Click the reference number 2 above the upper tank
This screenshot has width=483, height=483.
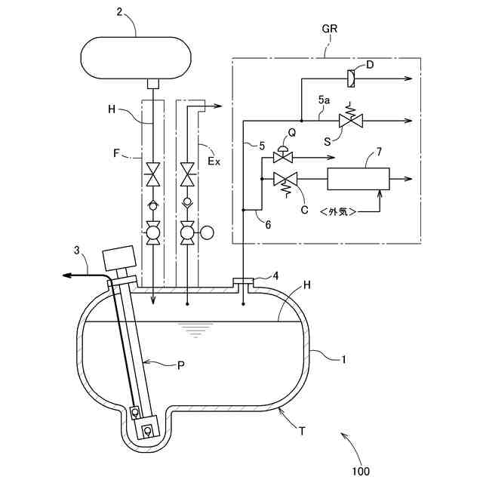coord(119,12)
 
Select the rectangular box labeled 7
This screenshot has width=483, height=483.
coord(358,179)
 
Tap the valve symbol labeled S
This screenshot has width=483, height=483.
coord(351,120)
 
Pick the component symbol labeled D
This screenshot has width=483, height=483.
coord(352,78)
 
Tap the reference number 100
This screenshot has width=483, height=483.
coord(360,471)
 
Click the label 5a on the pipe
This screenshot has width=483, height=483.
coord(324,100)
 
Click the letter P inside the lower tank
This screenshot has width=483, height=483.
coord(181,365)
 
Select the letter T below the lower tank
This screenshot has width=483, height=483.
coord(302,431)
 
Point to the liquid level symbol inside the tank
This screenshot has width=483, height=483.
coord(195,330)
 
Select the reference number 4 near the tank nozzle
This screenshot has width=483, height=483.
coord(275,276)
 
